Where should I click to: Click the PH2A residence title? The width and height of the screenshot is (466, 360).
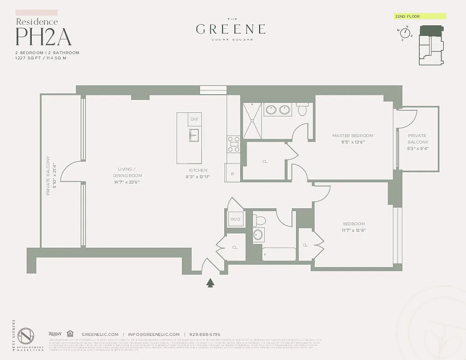tap(44, 37)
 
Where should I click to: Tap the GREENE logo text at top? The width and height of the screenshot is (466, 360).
tap(231, 29)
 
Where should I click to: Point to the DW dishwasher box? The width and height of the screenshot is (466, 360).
tap(194, 119)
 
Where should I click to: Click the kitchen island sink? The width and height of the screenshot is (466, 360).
tap(194, 135)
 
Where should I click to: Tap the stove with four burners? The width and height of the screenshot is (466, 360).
tap(233, 144)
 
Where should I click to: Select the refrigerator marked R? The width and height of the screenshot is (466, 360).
tap(232, 174)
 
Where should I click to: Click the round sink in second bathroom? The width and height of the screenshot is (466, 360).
tap(258, 235)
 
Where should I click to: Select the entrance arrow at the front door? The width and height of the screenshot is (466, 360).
tap(210, 283)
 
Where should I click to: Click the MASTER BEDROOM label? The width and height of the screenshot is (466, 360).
tap(353, 135)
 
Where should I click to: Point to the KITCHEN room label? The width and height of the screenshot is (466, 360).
tap(198, 170)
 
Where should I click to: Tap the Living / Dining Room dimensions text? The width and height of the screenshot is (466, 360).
tap(127, 182)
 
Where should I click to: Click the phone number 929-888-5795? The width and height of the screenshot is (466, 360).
tap(205, 334)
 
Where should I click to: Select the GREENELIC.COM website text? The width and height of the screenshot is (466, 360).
tap(100, 334)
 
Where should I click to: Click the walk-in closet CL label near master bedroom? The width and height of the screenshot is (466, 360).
tap(265, 161)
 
